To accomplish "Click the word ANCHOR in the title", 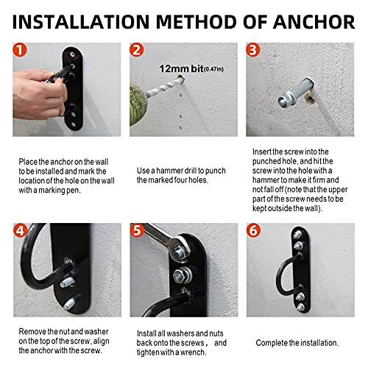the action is coord(314,22).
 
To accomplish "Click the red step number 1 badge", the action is coord(20,50).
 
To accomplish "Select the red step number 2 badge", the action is coord(136,50).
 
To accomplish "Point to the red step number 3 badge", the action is coord(253,50).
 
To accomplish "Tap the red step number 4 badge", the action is coord(20,230).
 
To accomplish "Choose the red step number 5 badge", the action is coord(137,230).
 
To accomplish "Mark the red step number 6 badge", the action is coord(253,230).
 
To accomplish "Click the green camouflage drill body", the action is coord(138,104).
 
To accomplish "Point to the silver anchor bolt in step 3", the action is coord(296,93).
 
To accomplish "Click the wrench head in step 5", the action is coord(180,247).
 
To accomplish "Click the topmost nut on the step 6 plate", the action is coord(297,235).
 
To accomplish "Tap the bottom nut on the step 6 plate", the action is coord(301,307).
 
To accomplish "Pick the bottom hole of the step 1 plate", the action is coord(74,124).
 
